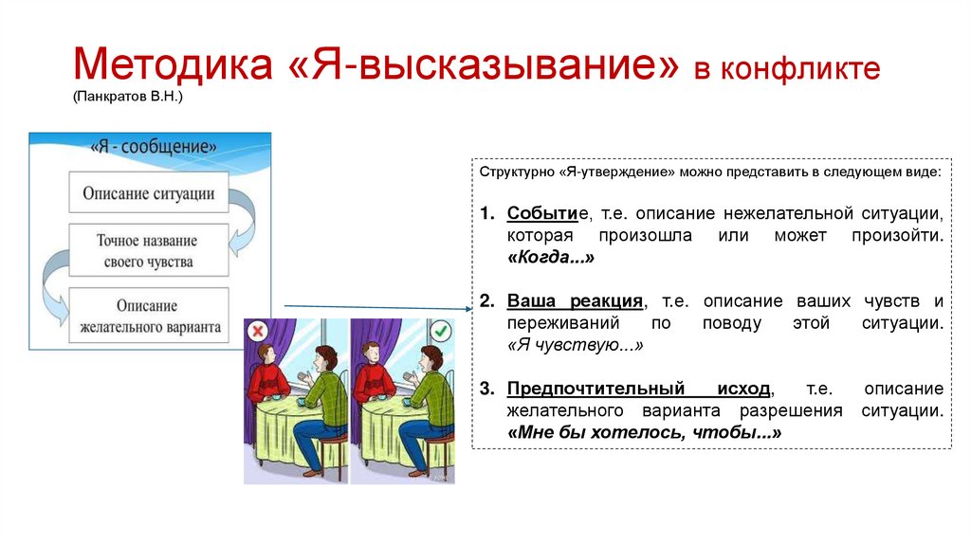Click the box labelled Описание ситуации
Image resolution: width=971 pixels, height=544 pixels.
148,194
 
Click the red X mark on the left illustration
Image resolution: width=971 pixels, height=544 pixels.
258,332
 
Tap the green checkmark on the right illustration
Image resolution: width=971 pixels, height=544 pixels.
441,332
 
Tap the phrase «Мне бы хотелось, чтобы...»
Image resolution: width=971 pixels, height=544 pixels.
644,432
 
